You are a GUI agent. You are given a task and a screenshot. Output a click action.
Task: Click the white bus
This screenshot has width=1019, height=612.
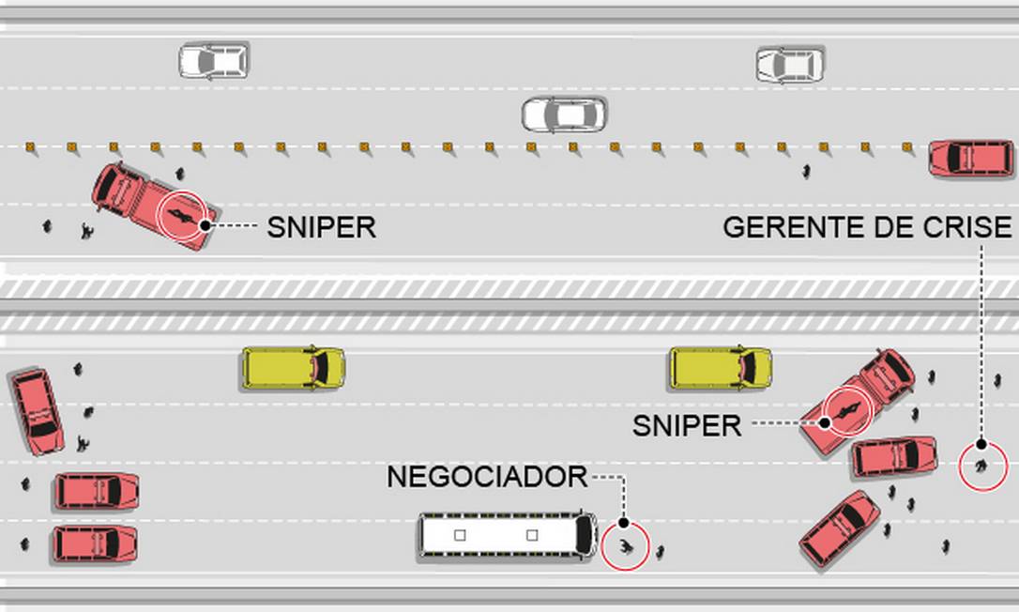click(507, 535)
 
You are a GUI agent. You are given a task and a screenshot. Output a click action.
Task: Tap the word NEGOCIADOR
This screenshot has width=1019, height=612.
click(486, 477)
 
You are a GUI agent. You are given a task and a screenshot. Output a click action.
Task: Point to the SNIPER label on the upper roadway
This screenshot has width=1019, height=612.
click(321, 227)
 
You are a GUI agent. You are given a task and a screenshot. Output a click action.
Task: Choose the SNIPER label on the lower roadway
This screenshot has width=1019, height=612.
click(687, 425)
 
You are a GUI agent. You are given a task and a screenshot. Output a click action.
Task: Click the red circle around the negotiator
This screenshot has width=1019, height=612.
click(625, 546)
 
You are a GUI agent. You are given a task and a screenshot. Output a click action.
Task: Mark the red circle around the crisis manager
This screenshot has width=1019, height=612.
click(982, 466)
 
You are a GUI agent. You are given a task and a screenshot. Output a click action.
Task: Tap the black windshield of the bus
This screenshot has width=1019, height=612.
click(584, 535)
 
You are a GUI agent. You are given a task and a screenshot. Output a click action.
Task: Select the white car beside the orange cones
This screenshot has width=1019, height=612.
click(564, 115)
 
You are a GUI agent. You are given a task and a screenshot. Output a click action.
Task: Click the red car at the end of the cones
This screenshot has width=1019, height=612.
click(970, 159)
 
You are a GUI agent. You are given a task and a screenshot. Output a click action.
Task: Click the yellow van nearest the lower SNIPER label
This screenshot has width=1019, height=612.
click(720, 367)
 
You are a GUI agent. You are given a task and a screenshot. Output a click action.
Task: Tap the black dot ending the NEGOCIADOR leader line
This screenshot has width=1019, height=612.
click(623, 523)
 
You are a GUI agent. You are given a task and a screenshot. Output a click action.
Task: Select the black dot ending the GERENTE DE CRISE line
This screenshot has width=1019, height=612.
click(981, 444)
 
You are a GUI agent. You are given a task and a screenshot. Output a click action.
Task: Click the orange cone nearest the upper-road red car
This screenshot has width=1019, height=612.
click(907, 146)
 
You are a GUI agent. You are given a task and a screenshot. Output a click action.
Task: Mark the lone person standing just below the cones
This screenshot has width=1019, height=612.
click(806, 172)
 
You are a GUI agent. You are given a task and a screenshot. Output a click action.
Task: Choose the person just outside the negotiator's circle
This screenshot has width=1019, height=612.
click(661, 552)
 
